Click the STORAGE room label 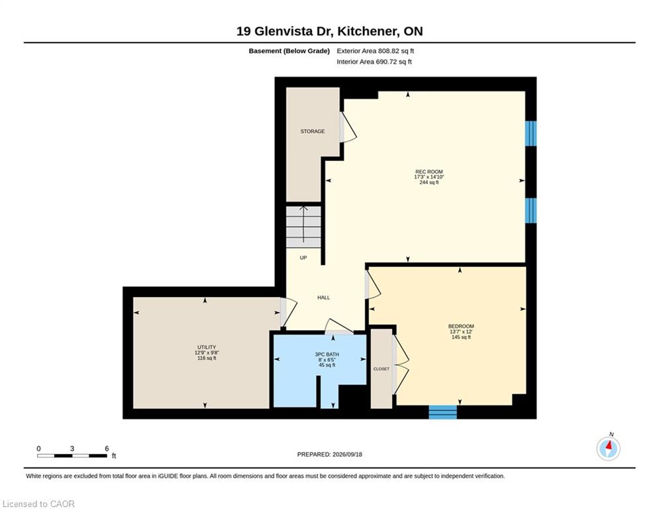pos(312,131)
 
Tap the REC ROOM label pos(429,172)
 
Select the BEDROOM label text pos(461,326)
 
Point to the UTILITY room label pos(207,347)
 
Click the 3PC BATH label pos(327,354)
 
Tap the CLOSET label pos(381,369)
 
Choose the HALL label pos(324,298)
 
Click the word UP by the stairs pos(303,257)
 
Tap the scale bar pos(72,455)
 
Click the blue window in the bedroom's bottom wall pos(442,412)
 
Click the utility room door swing pos(289,312)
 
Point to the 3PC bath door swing pos(338,327)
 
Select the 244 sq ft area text pos(429,182)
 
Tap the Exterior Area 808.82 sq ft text pos(376,51)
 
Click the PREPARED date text pos(330,454)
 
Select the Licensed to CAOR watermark pos(38,504)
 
